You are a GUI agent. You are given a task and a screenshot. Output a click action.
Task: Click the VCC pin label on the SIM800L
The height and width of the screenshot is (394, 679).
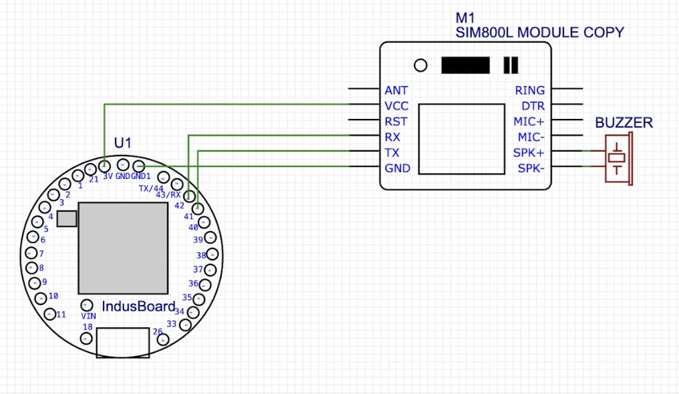[x=396, y=106]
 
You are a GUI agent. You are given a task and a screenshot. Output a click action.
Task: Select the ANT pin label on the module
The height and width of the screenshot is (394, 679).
[x=396, y=90]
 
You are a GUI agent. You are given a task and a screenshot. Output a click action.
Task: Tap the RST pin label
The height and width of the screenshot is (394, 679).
[x=396, y=122]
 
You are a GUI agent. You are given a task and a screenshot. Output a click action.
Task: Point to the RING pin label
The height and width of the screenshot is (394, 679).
[x=529, y=90]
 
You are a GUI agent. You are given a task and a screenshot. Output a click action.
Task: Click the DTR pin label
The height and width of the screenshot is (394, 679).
[x=533, y=106]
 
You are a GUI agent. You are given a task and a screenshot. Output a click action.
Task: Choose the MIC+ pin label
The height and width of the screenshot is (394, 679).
[x=529, y=122]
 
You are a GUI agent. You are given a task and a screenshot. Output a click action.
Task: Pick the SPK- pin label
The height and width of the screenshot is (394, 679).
[x=531, y=168]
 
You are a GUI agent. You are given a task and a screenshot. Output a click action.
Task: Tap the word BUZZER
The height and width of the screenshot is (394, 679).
[x=624, y=123]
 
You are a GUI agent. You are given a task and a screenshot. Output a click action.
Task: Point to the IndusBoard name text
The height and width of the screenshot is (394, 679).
[x=138, y=307]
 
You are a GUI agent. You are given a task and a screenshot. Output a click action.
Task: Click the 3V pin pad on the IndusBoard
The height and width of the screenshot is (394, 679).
[x=105, y=165]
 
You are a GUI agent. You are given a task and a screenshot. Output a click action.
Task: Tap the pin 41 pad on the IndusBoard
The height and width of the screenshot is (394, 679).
[x=197, y=209]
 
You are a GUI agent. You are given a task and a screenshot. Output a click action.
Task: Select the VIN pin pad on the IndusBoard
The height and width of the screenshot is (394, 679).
[x=86, y=305]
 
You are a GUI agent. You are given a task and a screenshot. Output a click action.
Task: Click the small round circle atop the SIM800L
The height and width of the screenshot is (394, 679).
[x=420, y=65]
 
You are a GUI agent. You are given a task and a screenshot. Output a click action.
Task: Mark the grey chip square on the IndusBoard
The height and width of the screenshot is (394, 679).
[x=123, y=248]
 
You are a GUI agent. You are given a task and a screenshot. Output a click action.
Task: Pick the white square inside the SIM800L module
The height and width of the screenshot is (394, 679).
[x=461, y=138]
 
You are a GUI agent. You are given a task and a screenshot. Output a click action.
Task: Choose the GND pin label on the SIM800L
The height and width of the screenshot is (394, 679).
[x=398, y=168]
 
